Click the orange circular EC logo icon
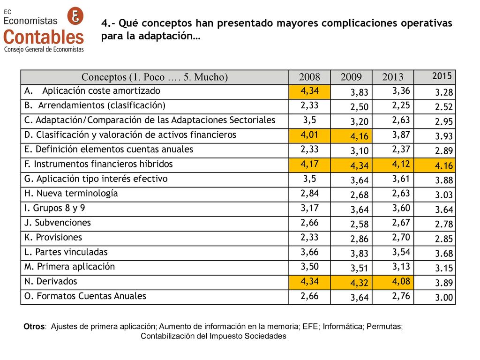click(75, 15)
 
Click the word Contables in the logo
click(44, 37)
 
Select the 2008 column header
click(309, 77)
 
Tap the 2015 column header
click(442, 76)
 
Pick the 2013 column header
click(393, 77)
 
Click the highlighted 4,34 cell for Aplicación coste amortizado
click(309, 91)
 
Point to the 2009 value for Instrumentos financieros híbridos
click(359, 165)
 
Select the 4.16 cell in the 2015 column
click(443, 165)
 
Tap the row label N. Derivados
click(51, 281)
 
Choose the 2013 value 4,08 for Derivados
click(401, 282)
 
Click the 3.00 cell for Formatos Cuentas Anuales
click(444, 298)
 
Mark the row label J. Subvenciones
click(58, 223)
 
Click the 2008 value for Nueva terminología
click(309, 194)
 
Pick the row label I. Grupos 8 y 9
click(54, 208)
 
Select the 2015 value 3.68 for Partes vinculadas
click(444, 254)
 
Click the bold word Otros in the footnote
click(34, 326)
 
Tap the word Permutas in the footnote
click(384, 326)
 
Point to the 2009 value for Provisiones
click(359, 239)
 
